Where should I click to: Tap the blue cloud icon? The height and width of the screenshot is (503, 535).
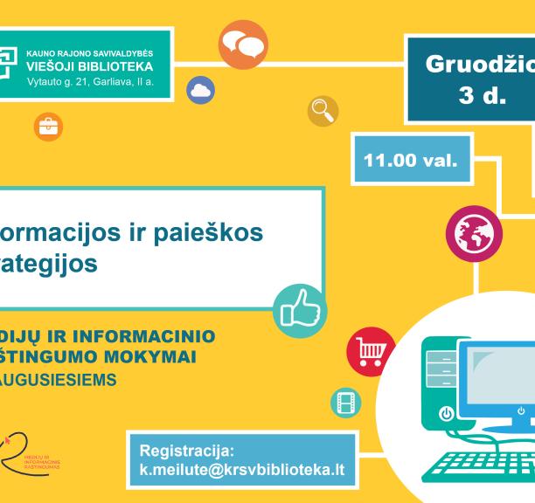coord(201,90)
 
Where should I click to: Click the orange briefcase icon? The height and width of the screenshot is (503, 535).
coord(42,126)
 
